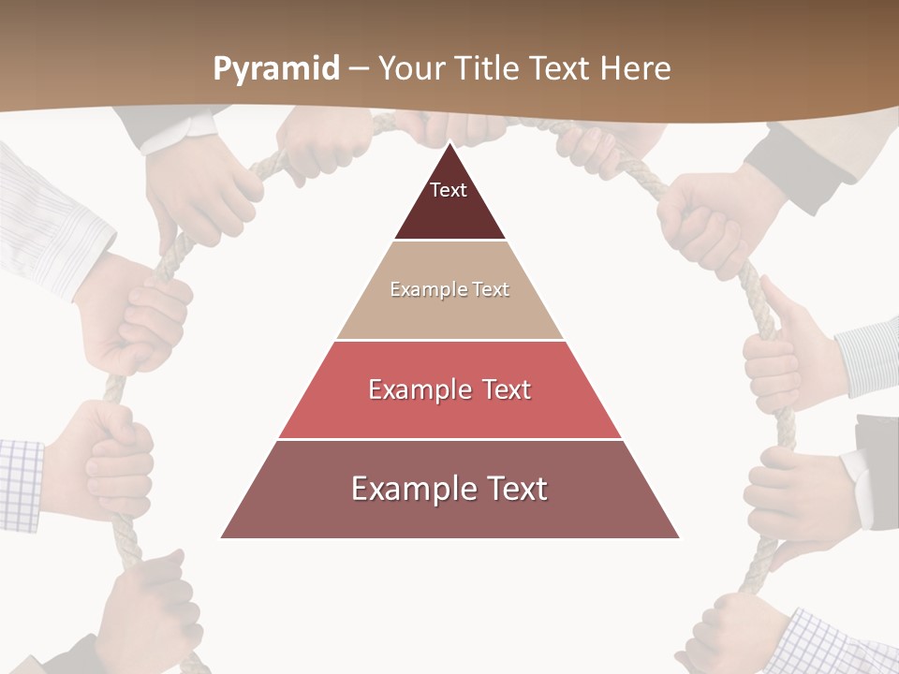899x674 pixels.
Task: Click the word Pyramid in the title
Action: [x=276, y=69]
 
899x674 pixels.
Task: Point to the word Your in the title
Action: [x=411, y=69]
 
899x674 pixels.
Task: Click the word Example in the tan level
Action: [x=420, y=290]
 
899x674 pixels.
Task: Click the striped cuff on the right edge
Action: [x=869, y=356]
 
